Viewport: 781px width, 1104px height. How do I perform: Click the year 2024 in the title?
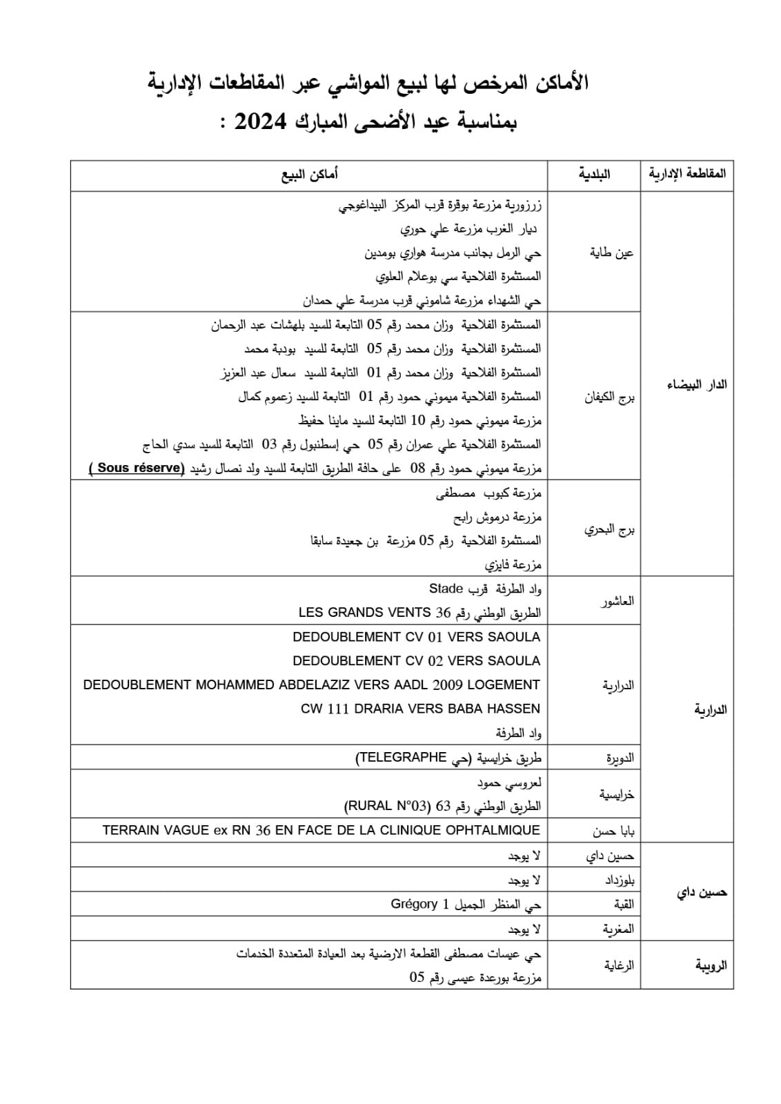(261, 123)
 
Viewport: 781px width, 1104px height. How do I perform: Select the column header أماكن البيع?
(309, 175)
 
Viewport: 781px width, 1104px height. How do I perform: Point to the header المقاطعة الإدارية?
(687, 175)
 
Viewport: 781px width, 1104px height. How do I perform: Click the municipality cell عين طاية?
(611, 253)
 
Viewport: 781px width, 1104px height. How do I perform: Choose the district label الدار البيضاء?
(697, 384)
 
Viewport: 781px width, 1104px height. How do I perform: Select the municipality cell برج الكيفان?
(609, 397)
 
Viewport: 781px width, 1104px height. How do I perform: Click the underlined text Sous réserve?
(139, 468)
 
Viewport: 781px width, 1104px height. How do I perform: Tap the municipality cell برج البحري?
(609, 529)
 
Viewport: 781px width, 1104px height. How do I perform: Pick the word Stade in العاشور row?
(446, 589)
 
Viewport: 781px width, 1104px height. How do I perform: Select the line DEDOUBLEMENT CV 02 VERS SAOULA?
(416, 660)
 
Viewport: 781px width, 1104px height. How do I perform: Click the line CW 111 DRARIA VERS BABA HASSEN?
(420, 709)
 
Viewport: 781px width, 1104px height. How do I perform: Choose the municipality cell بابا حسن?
(613, 831)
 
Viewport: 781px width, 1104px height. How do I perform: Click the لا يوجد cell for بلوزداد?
(524, 880)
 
